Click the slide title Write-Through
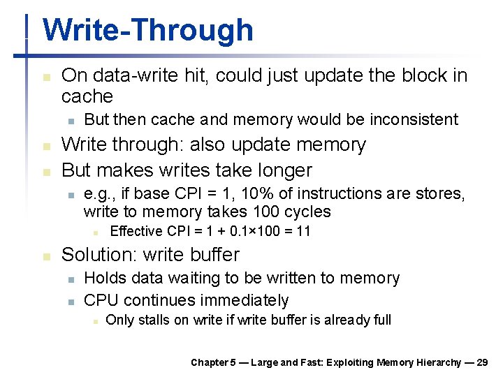tap(147, 31)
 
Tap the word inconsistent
tap(416, 119)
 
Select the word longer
tap(284, 170)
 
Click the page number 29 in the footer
tap(481, 362)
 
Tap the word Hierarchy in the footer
tap(432, 362)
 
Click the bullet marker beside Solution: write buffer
tap(46, 256)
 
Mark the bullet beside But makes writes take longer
tap(46, 171)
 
